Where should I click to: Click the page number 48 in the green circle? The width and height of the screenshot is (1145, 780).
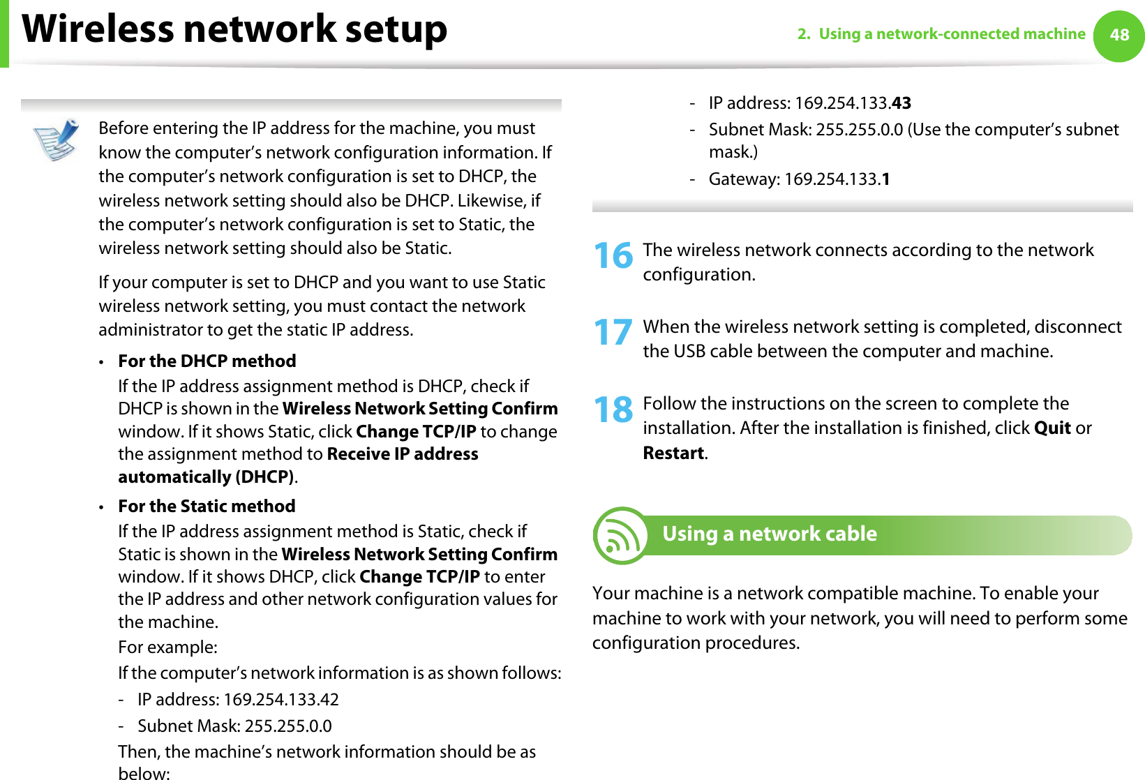click(1119, 35)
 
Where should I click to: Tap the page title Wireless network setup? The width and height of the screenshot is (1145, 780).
click(234, 29)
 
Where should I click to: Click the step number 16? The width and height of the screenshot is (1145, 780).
click(613, 255)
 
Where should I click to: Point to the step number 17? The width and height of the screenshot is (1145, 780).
click(613, 332)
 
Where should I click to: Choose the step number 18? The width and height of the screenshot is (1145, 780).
click(613, 409)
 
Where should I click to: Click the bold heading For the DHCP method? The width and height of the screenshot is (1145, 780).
click(207, 361)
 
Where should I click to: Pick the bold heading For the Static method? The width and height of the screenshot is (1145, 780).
click(207, 506)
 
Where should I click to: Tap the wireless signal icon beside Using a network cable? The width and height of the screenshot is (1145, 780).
click(620, 536)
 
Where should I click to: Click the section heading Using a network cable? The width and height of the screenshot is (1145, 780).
click(769, 534)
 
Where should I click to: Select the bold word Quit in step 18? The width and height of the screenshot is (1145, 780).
click(1052, 428)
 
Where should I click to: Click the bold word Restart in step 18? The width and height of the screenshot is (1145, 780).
click(673, 453)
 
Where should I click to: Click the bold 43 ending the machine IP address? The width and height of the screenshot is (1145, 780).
click(901, 103)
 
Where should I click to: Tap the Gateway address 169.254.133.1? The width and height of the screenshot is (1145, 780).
click(837, 179)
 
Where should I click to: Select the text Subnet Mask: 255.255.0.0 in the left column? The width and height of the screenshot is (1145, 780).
click(234, 726)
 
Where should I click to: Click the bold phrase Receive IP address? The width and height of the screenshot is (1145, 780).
click(403, 454)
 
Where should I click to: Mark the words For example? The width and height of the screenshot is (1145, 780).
click(167, 647)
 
